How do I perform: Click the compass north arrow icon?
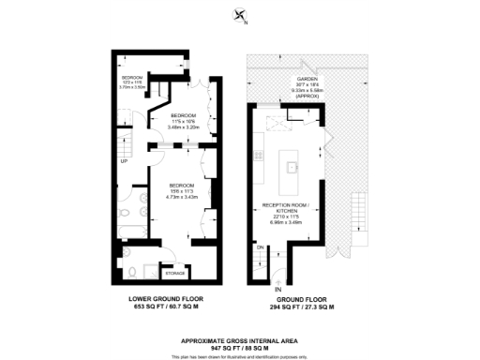coord(241,16)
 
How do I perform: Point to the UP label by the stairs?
coord(125,160)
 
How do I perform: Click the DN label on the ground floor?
coord(259,247)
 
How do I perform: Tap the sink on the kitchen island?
coord(292,168)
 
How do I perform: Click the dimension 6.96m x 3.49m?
coord(281,223)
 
